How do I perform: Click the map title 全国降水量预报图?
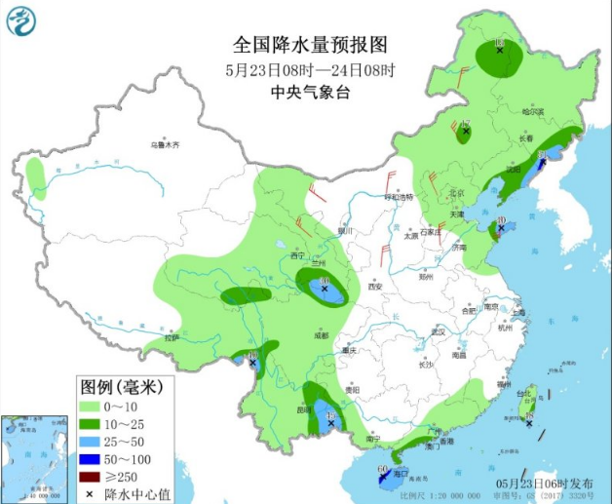[311, 45]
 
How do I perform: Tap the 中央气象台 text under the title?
[310, 93]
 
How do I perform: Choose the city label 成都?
[322, 334]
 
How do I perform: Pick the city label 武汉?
[438, 331]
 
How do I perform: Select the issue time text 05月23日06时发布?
[543, 484]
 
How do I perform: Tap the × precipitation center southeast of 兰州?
[325, 289]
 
